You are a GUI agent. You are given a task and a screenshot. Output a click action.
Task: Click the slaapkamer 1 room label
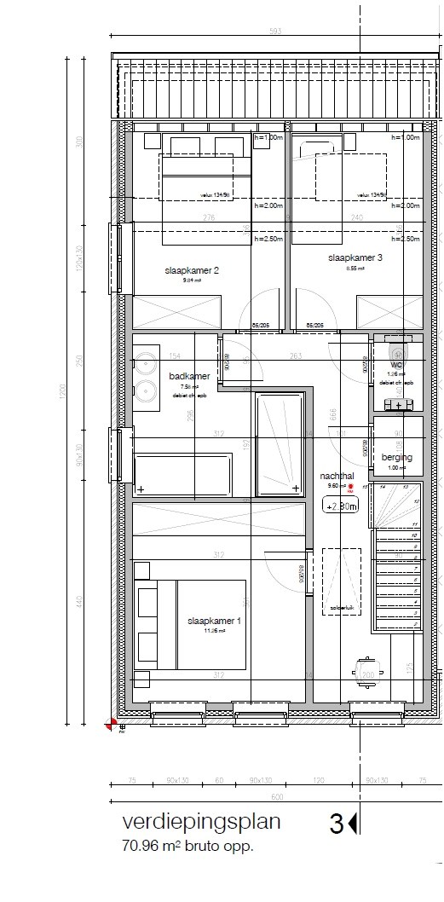tap(215, 622)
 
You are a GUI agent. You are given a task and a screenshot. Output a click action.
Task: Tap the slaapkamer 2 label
tap(192, 270)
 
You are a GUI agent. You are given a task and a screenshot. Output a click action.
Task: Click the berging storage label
tap(396, 458)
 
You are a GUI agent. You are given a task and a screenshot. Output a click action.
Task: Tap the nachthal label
tap(337, 476)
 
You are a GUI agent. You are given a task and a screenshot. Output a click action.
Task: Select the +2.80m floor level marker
tap(341, 506)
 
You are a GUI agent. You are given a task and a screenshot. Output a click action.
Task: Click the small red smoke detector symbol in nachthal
tap(350, 487)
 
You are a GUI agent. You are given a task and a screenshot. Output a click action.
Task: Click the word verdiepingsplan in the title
tap(201, 824)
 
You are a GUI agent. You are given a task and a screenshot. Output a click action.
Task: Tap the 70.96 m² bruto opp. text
tap(188, 847)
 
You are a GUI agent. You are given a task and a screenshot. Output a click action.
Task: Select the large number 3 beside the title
tap(336, 824)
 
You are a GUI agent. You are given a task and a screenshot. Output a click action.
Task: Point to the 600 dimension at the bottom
tap(276, 797)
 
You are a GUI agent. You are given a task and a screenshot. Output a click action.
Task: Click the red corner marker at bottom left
tap(111, 726)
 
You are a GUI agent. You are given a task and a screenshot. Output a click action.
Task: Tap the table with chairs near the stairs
tap(366, 668)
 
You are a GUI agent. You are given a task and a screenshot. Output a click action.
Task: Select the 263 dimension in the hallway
tap(297, 356)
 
